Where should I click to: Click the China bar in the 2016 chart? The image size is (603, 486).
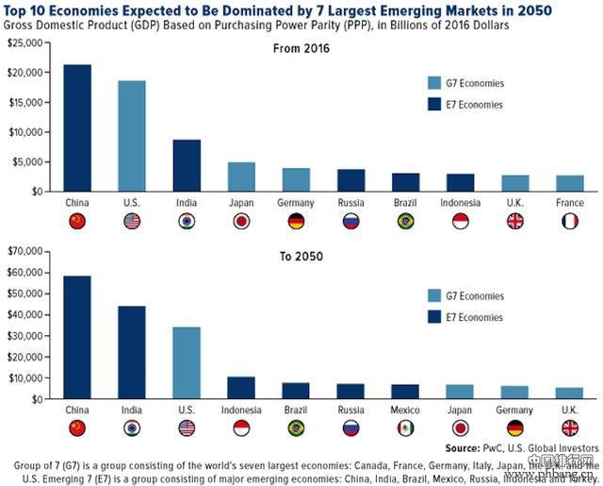click(x=77, y=127)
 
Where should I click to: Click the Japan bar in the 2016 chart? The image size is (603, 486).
click(x=241, y=176)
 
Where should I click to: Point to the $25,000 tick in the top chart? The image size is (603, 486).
click(x=26, y=43)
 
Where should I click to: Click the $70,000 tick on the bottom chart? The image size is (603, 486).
click(x=26, y=252)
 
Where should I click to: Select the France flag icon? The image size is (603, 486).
click(x=570, y=221)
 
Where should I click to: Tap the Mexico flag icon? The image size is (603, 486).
click(x=406, y=428)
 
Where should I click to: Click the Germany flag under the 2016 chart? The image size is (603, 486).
click(x=296, y=221)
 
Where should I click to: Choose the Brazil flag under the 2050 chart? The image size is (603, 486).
click(x=296, y=428)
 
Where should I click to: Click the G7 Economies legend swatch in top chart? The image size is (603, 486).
click(x=433, y=82)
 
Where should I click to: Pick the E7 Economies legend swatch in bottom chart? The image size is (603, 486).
click(x=433, y=317)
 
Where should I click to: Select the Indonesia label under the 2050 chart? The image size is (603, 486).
click(x=241, y=411)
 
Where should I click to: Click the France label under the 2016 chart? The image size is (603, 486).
click(x=570, y=202)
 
